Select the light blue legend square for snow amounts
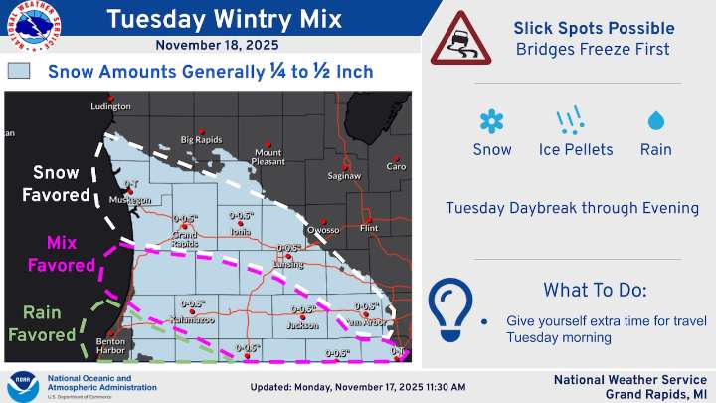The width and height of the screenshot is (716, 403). click(20, 71)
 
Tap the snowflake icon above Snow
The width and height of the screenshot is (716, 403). click(492, 121)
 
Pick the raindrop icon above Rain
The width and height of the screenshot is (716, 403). click(655, 121)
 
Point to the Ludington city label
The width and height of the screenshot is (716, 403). click(110, 106)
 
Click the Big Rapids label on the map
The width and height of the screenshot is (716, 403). click(200, 139)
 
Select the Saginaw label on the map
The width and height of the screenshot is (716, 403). click(344, 175)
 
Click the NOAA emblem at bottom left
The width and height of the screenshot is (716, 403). click(24, 385)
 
